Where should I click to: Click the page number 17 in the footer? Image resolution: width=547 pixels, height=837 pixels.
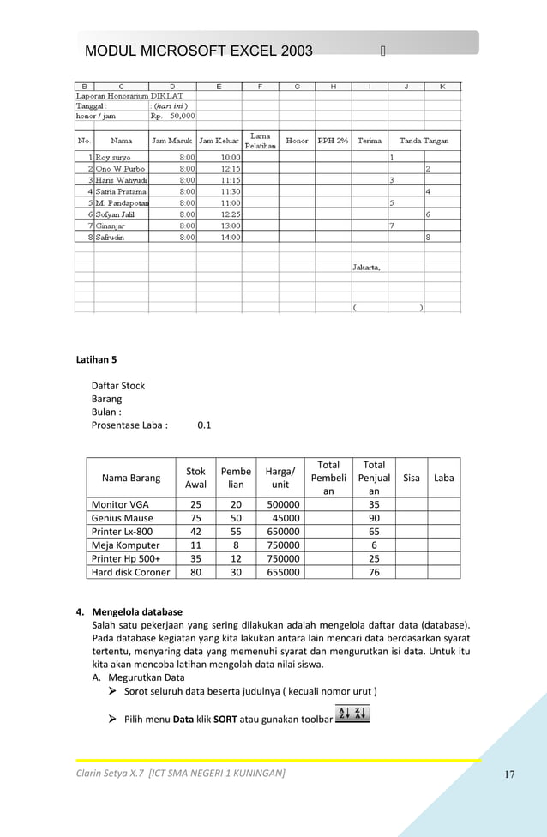(x=509, y=775)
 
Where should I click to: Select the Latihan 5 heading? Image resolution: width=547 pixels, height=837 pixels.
(x=97, y=359)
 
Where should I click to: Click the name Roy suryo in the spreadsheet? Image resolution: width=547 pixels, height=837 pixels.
(x=113, y=158)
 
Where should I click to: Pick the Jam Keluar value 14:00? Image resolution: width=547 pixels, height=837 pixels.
(x=231, y=237)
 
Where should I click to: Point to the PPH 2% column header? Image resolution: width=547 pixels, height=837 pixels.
(x=333, y=141)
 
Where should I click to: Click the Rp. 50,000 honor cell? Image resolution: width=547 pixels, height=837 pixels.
(x=173, y=116)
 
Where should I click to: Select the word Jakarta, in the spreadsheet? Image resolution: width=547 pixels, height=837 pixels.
(x=367, y=268)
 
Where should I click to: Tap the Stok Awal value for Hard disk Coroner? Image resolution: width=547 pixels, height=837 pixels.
(x=195, y=572)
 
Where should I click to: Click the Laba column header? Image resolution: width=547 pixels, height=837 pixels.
(x=443, y=478)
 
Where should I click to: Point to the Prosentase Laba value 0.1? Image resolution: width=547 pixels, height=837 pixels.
(x=204, y=425)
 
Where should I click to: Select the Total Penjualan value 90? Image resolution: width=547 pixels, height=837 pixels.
(x=374, y=518)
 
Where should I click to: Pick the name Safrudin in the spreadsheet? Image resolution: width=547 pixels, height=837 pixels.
(x=113, y=237)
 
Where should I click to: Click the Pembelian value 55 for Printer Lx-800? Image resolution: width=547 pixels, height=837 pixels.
(x=236, y=532)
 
